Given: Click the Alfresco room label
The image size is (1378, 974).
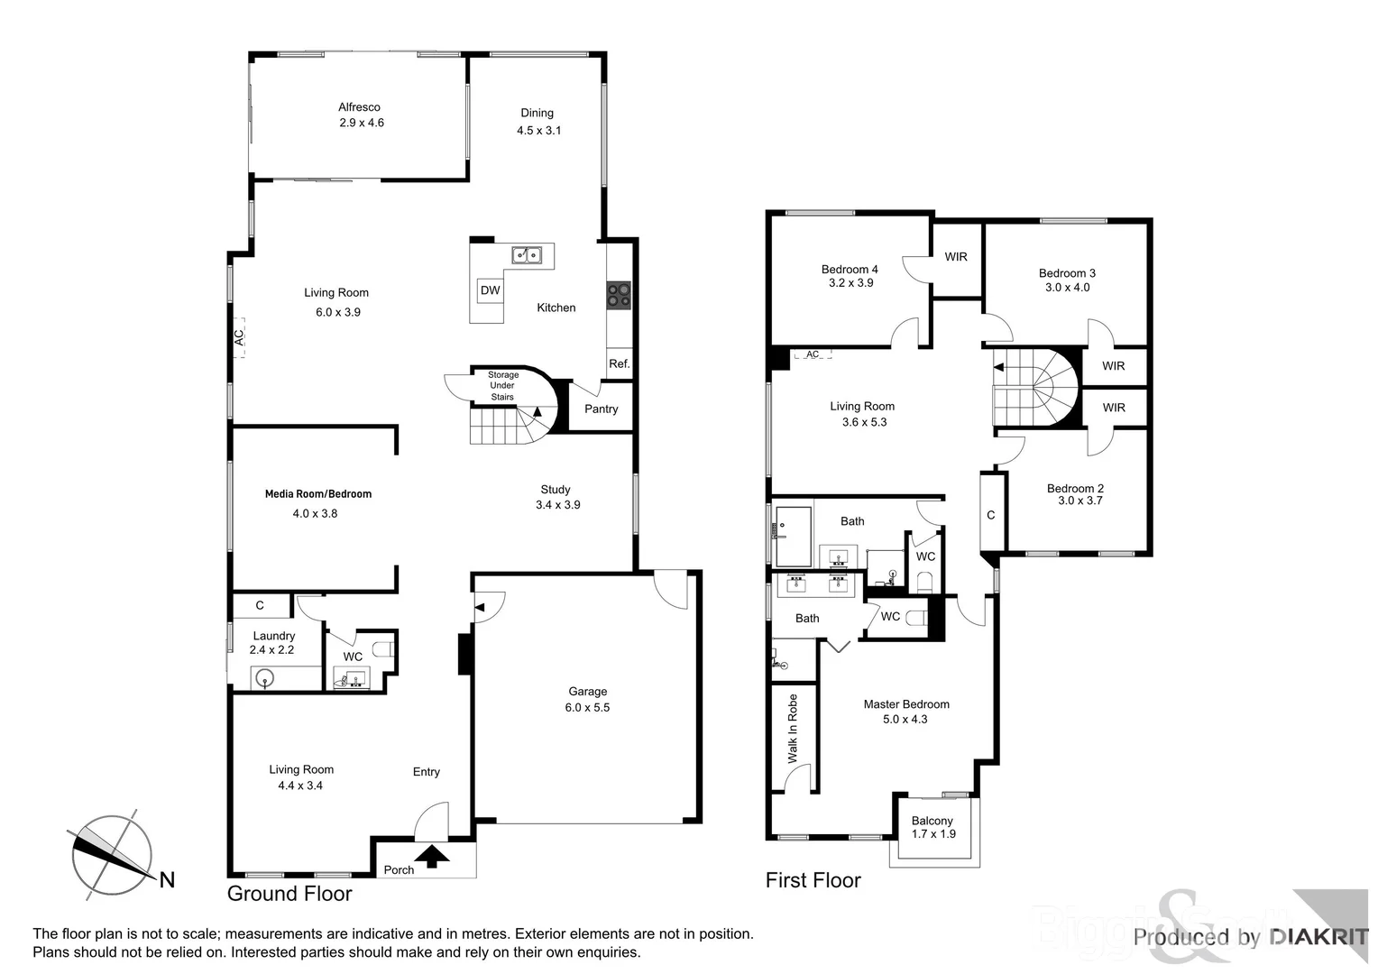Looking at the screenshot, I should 359,107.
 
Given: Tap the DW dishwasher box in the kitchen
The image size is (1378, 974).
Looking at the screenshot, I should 490,290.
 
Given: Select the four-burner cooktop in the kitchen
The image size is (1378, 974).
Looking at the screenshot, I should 619,295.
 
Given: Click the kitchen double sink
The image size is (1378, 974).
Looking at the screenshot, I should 526,255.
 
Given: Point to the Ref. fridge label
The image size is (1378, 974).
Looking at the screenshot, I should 619,364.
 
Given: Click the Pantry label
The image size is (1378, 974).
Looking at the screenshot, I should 601,409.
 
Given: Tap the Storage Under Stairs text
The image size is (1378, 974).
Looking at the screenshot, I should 502,386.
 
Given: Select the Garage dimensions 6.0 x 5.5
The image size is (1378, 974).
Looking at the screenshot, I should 587,708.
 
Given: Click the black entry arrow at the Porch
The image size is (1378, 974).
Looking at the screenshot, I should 432,856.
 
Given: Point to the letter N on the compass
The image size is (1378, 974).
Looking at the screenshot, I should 167,880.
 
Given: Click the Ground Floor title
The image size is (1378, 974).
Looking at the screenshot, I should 289,894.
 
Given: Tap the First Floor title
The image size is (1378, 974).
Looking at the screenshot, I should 813,880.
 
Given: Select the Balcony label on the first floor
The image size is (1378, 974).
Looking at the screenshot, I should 932,821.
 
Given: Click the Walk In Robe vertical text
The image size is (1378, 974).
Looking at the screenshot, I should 793,729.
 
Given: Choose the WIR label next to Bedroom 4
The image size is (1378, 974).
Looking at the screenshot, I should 956,257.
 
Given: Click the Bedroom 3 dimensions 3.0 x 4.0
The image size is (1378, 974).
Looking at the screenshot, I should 1067,288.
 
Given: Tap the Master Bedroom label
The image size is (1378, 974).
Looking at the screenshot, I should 905,704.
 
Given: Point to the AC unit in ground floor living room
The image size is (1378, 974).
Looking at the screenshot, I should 239,337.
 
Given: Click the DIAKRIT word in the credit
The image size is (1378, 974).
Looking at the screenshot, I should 1318,937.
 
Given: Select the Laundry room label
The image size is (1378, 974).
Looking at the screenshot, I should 273,636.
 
